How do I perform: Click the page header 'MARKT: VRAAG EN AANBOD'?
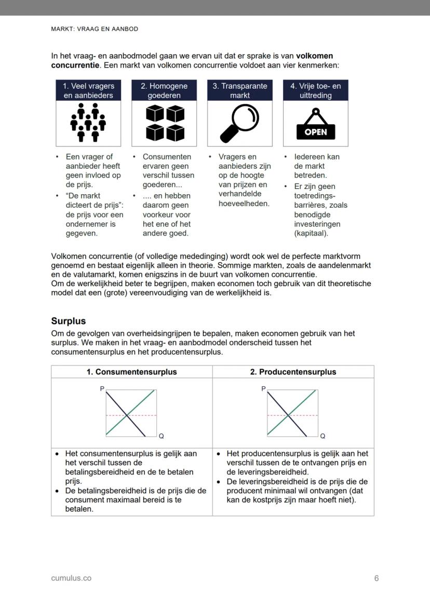pyautogui.click(x=95, y=29)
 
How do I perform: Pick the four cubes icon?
pyautogui.click(x=165, y=123)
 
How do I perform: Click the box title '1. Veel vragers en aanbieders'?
pyautogui.click(x=88, y=90)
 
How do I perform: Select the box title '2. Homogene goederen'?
pyautogui.click(x=164, y=90)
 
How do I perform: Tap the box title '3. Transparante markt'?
pyautogui.click(x=239, y=90)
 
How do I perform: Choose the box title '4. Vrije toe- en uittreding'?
pyautogui.click(x=315, y=90)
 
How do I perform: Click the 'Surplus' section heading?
pyautogui.click(x=69, y=321)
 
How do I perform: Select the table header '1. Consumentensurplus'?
pyautogui.click(x=131, y=372)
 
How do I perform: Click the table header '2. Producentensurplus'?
pyautogui.click(x=293, y=372)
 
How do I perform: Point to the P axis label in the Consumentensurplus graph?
pyautogui.click(x=102, y=388)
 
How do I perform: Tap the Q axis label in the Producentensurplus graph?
pyautogui.click(x=323, y=436)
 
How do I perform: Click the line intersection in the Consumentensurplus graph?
pyautogui.click(x=128, y=415)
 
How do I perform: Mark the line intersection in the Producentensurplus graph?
pyautogui.click(x=289, y=415)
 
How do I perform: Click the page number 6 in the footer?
pyautogui.click(x=377, y=578)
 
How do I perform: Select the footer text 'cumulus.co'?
pyautogui.click(x=71, y=578)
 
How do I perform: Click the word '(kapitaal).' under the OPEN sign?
pyautogui.click(x=311, y=233)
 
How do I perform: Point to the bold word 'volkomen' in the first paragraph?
pyautogui.click(x=315, y=56)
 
